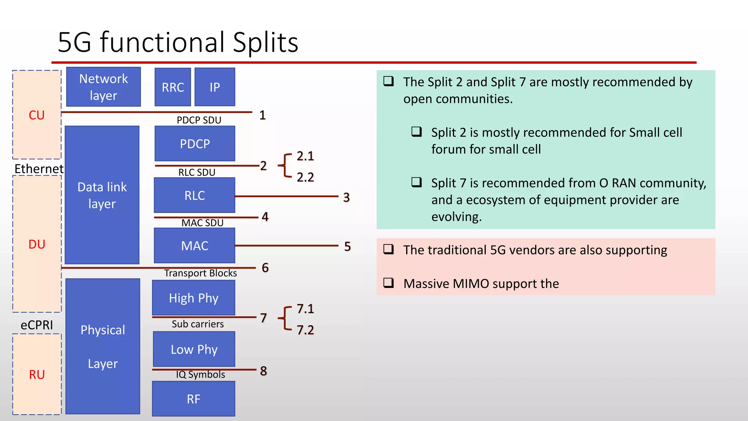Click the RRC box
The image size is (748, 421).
point(173,87)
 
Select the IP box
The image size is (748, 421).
point(215,87)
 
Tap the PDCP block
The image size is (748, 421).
point(195,144)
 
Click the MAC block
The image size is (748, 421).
point(194,246)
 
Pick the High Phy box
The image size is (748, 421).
point(194,298)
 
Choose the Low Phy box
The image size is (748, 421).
point(194,349)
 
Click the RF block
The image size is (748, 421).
point(194,399)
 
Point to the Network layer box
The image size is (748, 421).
point(103,87)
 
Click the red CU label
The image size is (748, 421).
point(37,115)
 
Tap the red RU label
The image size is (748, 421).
point(37,375)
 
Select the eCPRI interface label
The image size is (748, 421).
point(37,325)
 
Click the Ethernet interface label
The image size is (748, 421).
point(39,168)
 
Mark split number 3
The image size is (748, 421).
point(346,197)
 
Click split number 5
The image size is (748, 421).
point(347,246)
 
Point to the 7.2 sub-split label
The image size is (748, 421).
point(305,330)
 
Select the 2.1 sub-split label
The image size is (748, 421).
point(305,156)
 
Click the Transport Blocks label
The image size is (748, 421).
point(201,273)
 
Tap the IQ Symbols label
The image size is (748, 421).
point(201,374)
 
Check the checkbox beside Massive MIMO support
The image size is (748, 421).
point(389,282)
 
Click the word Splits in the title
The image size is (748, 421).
point(266,42)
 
